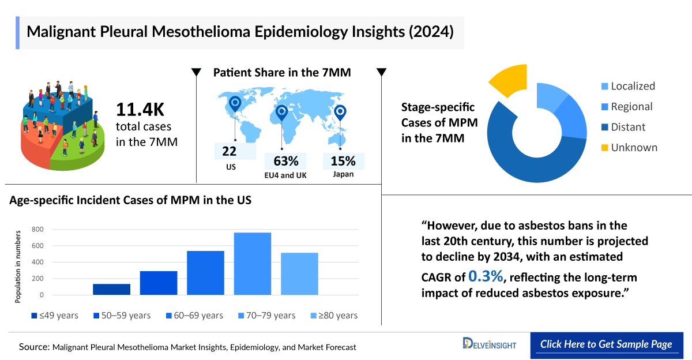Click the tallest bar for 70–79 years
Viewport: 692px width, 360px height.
point(252,264)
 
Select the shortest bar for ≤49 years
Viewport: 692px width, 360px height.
point(111,289)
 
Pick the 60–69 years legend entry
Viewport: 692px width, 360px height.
point(194,316)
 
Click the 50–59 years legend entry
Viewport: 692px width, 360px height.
point(122,316)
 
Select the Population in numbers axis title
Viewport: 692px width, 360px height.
point(18,266)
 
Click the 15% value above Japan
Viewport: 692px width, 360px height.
point(343,161)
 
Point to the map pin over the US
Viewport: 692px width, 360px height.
point(235,104)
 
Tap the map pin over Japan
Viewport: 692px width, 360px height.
point(340,112)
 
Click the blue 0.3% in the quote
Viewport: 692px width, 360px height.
point(486,276)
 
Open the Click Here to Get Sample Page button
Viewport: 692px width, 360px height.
point(606,344)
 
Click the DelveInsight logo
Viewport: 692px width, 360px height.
point(490,344)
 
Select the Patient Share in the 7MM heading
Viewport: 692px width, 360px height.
point(282,73)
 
